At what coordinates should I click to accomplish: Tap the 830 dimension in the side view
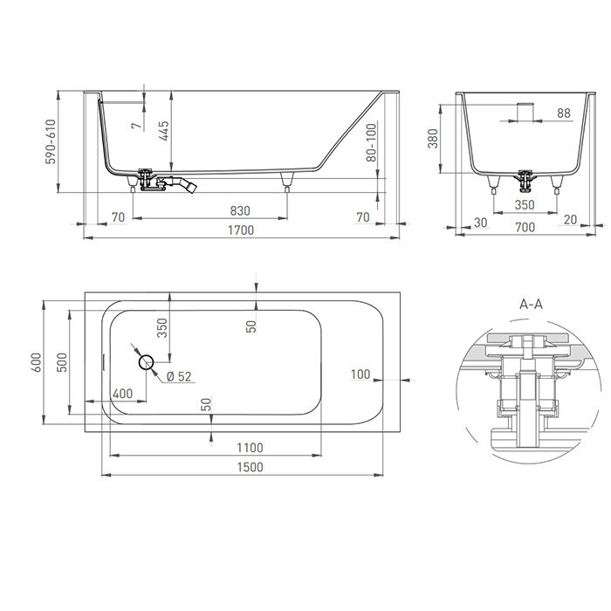(240, 211)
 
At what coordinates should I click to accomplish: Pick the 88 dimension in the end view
(563, 113)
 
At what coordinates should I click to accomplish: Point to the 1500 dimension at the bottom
(250, 467)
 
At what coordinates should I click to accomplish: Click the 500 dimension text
(61, 362)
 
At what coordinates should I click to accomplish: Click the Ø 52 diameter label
(179, 376)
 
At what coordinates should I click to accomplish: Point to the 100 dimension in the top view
(360, 374)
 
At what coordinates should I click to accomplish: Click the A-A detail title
(531, 305)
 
